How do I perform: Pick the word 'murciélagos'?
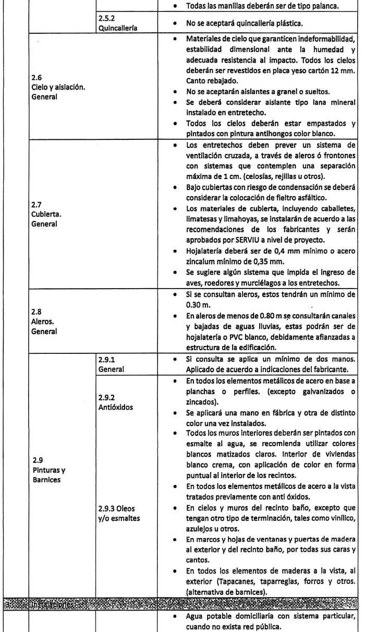tap(245, 285)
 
